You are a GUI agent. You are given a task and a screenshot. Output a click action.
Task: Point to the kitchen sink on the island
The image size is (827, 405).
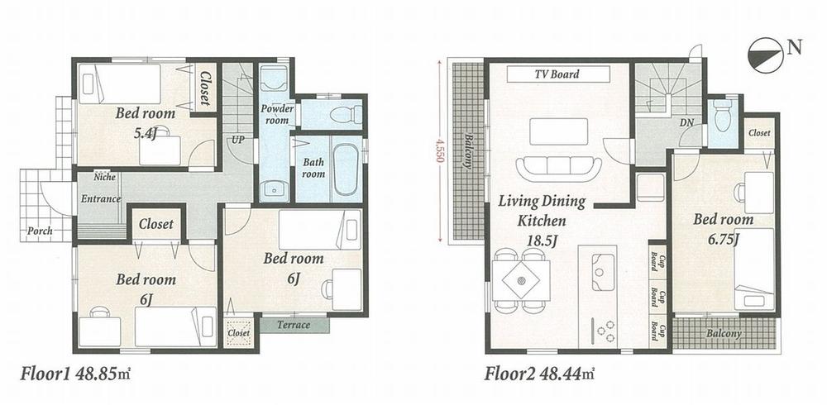tap(601, 266)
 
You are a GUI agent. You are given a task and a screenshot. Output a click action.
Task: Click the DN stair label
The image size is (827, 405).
tap(686, 121)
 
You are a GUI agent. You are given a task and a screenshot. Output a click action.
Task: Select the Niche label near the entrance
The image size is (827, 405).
tap(104, 177)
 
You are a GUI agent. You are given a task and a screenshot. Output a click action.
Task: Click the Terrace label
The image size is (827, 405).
tap(293, 325)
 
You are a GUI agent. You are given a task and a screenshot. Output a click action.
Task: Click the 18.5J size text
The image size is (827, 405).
tap(543, 241)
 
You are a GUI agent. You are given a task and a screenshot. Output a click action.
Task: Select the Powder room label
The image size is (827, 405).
tap(276, 115)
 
